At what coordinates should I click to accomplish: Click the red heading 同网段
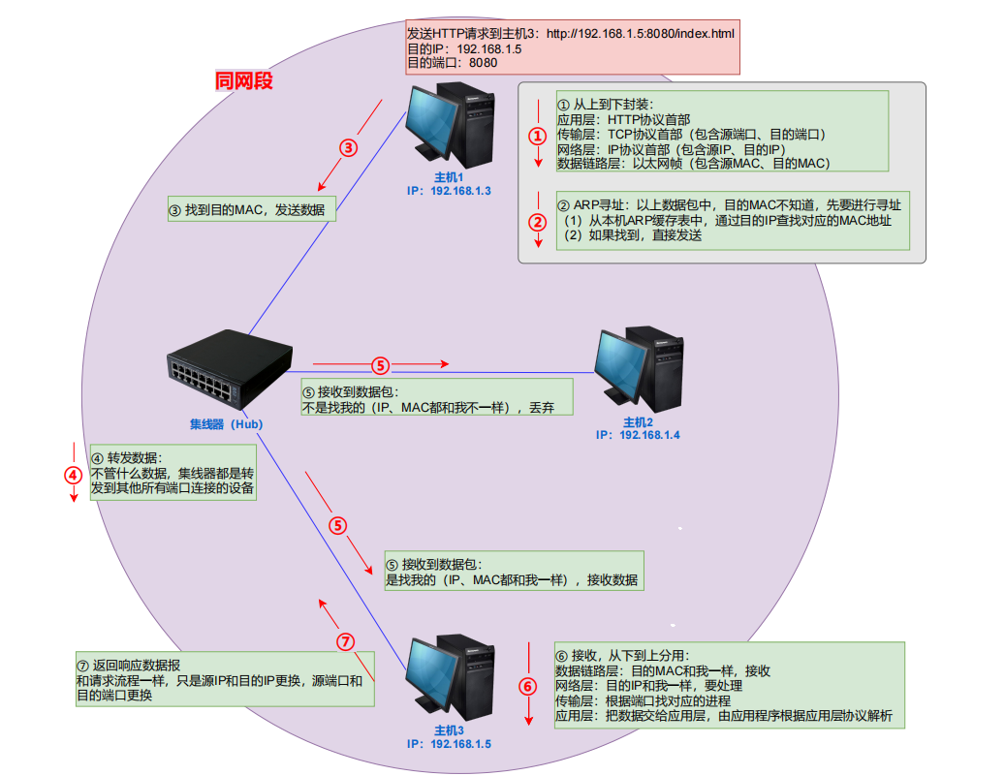(244, 80)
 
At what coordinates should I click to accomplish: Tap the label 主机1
(449, 177)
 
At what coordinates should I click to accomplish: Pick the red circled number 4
(74, 476)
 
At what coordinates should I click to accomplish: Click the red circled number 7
(346, 641)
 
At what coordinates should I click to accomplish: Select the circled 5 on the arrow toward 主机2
(380, 365)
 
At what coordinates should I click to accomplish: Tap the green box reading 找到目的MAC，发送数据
(250, 208)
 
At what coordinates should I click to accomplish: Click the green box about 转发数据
(173, 473)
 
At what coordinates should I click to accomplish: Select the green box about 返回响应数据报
(225, 680)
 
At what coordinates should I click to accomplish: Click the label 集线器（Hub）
(226, 423)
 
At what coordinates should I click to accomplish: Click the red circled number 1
(538, 137)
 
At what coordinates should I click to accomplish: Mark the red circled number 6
(528, 687)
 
